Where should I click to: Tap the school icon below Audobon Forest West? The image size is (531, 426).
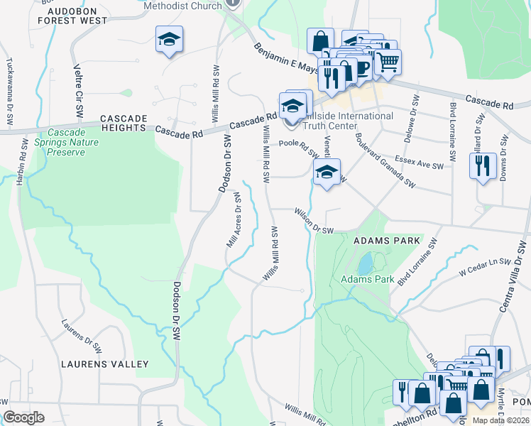(170, 40)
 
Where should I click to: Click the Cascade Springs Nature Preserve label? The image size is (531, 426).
(73, 142)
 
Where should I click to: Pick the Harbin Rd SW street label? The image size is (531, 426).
(23, 160)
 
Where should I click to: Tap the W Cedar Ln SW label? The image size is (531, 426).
(485, 265)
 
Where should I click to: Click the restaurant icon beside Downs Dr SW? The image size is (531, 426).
(483, 167)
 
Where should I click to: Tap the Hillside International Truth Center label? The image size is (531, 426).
(348, 121)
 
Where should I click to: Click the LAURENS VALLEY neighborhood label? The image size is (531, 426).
(109, 364)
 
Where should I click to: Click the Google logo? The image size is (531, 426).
(24, 417)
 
